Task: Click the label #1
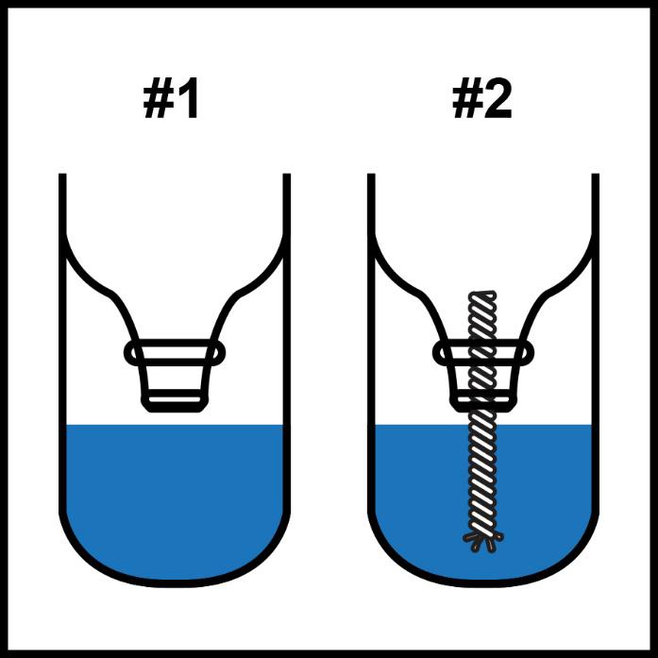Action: [170, 99]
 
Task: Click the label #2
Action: [482, 99]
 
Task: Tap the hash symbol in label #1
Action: [159, 99]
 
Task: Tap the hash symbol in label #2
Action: [468, 99]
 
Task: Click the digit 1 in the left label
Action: [188, 99]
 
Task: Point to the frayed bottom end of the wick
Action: [483, 541]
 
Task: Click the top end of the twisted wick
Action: [482, 294]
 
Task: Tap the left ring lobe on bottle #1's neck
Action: [131, 352]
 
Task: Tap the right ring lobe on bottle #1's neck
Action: [218, 352]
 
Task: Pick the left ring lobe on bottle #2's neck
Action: [440, 352]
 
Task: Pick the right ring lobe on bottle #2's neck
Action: [527, 352]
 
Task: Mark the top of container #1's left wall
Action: [62, 174]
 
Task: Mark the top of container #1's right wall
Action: [287, 174]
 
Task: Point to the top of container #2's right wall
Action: [596, 174]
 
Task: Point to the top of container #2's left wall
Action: [371, 174]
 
